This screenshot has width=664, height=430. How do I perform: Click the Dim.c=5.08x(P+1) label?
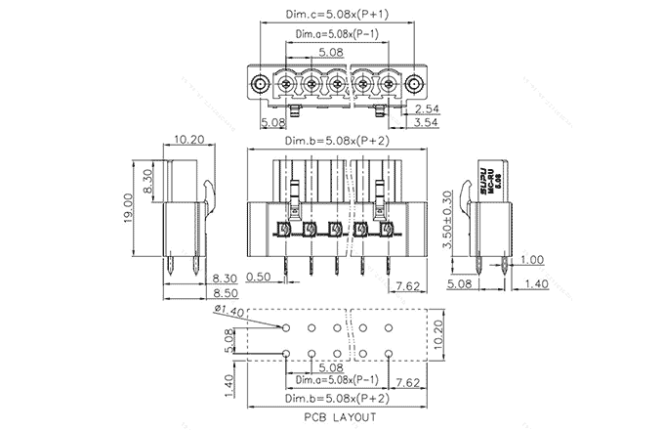[x=335, y=14]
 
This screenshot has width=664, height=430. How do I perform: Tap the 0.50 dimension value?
[x=259, y=278]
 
